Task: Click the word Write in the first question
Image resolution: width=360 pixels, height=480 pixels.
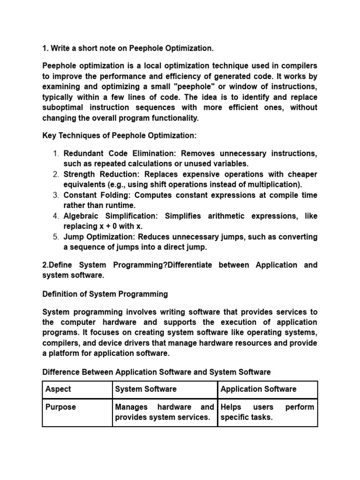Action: (x=61, y=48)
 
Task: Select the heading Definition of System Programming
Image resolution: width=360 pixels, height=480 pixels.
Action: (x=105, y=294)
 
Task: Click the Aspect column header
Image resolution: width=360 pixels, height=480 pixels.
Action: (x=58, y=389)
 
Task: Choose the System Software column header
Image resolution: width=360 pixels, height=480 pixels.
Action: (x=146, y=389)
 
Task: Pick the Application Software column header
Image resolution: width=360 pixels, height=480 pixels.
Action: (x=258, y=389)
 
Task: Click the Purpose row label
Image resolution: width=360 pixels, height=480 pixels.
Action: (x=60, y=407)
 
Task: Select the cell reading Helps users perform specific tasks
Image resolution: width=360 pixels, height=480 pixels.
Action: (x=267, y=412)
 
